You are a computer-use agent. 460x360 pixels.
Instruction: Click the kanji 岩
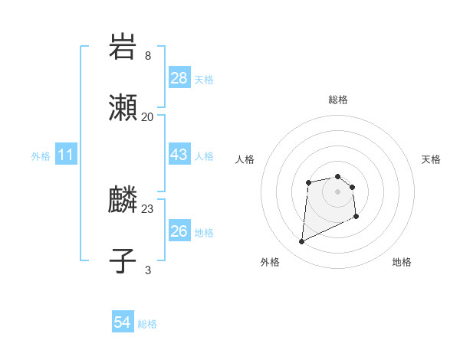(123, 47)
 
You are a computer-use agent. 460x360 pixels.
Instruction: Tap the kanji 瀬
(123, 109)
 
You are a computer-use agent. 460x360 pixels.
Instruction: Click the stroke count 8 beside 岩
(148, 56)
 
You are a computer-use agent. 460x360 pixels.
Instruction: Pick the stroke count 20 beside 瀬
(148, 117)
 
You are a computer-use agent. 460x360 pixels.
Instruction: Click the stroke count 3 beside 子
(148, 270)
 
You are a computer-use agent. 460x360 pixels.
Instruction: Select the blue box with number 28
(179, 78)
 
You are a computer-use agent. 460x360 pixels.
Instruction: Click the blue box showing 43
(179, 155)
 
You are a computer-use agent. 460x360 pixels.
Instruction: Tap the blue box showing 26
(179, 231)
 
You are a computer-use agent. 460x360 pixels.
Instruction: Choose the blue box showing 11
(66, 155)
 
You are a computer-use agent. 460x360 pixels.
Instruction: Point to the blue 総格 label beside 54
(147, 324)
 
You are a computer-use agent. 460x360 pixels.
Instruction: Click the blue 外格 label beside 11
(41, 155)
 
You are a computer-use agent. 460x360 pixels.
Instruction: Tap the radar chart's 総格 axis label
(338, 100)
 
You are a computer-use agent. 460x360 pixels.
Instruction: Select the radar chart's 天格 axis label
(431, 159)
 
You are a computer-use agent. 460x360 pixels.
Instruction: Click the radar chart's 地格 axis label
(402, 262)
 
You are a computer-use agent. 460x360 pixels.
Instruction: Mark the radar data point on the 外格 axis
(301, 242)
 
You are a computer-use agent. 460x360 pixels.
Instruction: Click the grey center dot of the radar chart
(337, 191)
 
